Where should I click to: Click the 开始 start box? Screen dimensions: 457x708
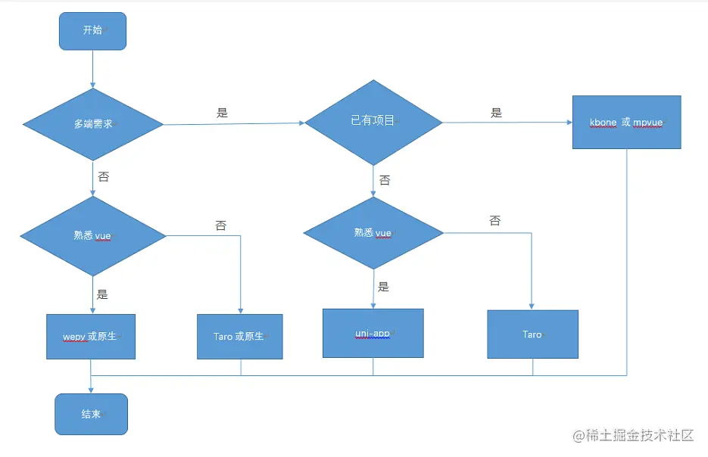(x=92, y=31)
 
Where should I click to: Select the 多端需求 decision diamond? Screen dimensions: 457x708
(x=93, y=123)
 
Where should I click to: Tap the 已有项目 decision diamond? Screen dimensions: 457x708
(x=373, y=121)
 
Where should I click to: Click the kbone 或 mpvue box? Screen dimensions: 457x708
(x=626, y=122)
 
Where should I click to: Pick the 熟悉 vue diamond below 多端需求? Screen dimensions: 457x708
(x=92, y=235)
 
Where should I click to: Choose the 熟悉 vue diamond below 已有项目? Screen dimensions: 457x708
(x=373, y=233)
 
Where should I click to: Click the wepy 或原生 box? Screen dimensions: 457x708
(x=91, y=336)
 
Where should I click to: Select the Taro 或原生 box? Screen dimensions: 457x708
(x=239, y=336)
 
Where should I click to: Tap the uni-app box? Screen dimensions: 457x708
(x=373, y=333)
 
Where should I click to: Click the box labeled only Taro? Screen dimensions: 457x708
(x=532, y=334)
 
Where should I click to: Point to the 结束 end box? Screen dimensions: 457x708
(x=91, y=414)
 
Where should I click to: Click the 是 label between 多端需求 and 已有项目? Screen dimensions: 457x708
(x=222, y=113)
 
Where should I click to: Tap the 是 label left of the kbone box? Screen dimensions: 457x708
(x=497, y=113)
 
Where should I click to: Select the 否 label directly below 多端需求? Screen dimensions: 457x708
(x=104, y=176)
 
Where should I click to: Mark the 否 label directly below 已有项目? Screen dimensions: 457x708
(x=385, y=180)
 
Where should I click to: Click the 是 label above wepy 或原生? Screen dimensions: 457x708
(x=102, y=294)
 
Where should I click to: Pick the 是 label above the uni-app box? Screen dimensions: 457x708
(x=384, y=287)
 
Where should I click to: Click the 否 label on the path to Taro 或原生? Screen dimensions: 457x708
(x=221, y=225)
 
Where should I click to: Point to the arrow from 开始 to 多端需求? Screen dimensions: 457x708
(x=93, y=68)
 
